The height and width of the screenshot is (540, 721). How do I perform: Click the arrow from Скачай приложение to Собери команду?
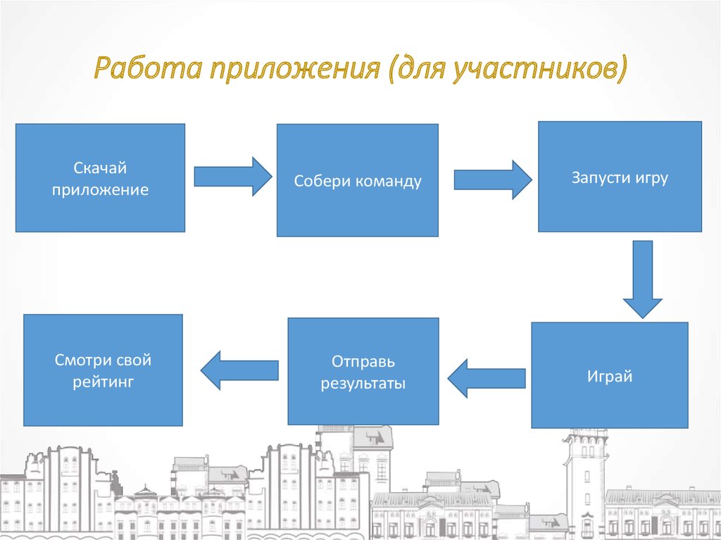[232, 176]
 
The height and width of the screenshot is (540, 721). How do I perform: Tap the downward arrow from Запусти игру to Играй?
[642, 279]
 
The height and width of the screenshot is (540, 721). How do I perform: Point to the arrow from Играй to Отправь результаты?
[487, 378]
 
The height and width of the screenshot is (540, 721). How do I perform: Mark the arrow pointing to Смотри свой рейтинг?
[240, 370]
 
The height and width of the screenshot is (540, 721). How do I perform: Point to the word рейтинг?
[103, 383]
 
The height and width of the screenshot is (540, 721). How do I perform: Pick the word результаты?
[363, 384]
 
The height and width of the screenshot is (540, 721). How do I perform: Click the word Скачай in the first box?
[100, 168]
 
